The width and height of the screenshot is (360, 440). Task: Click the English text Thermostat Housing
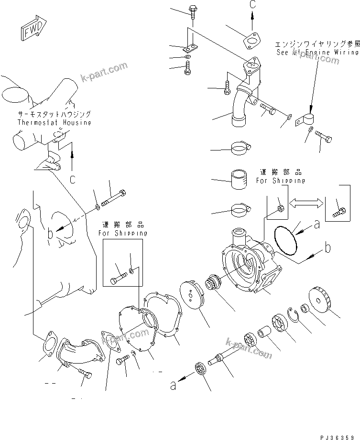pyautogui.click(x=54, y=122)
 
